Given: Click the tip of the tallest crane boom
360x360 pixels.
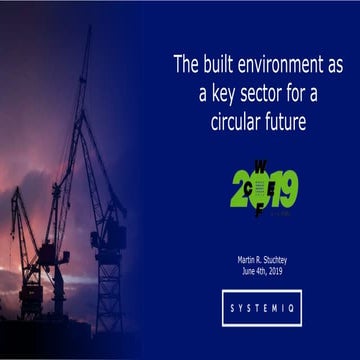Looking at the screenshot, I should click(x=89, y=29).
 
